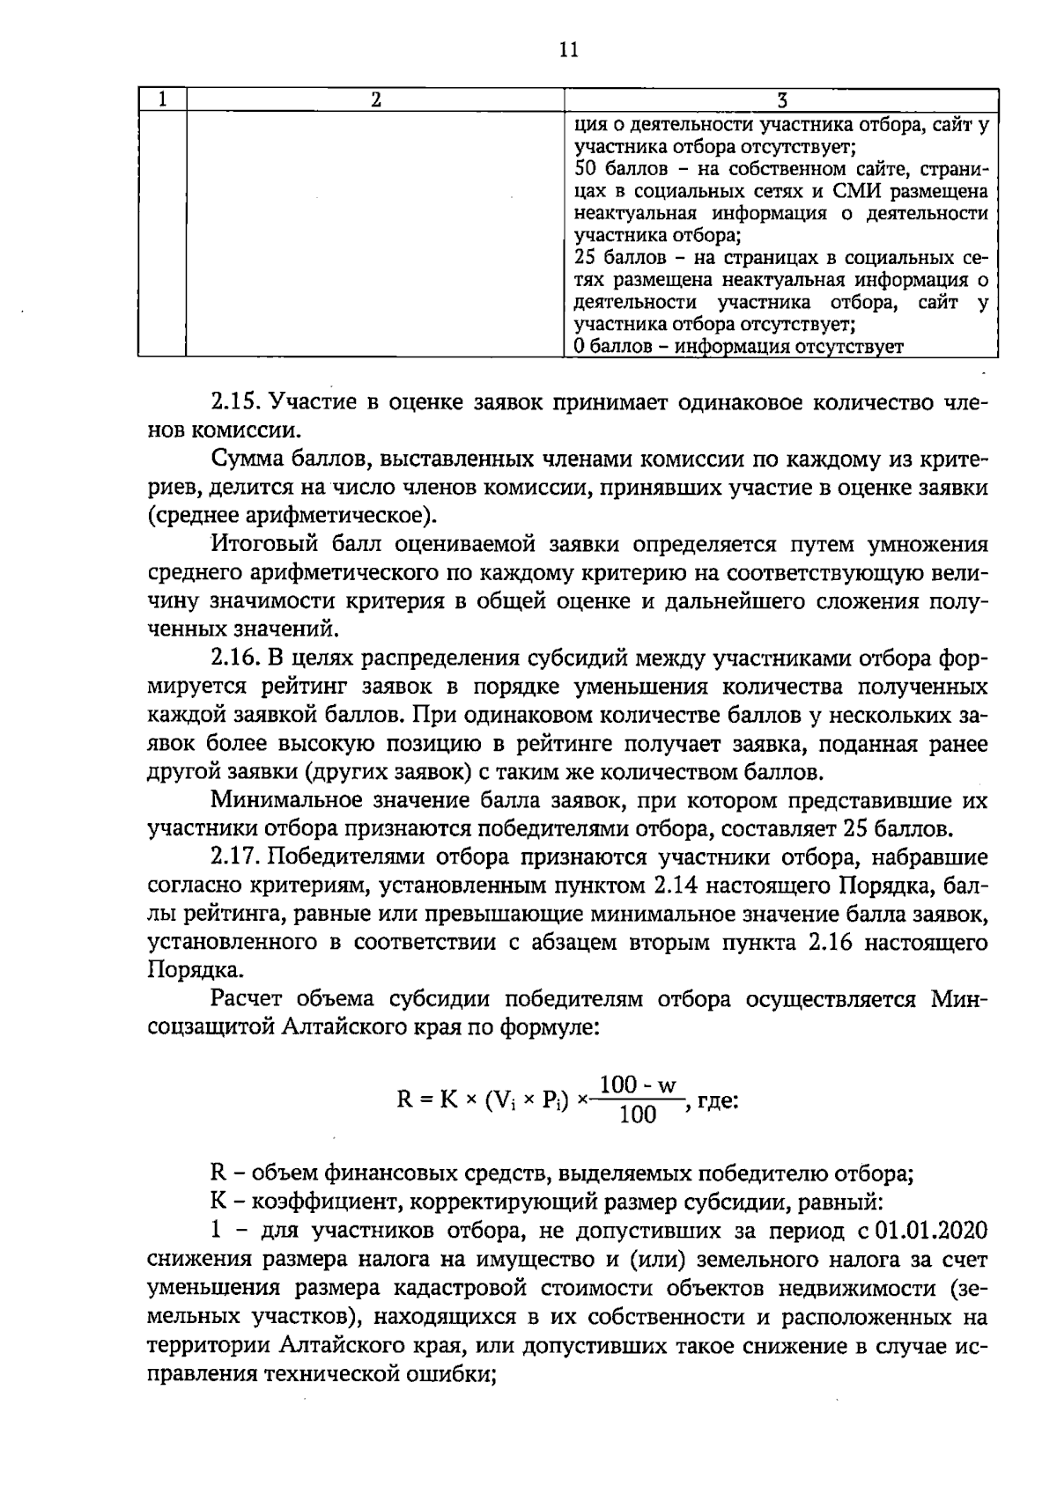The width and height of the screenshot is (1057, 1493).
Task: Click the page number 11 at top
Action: point(568,50)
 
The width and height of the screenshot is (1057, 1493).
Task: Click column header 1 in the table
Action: point(163,99)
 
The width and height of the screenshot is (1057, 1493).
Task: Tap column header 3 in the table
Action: point(780,99)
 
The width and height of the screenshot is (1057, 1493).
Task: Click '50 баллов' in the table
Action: point(614,169)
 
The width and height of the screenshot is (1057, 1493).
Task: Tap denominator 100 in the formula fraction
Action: point(637,1116)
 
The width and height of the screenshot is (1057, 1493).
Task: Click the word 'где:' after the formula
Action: point(718,1100)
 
